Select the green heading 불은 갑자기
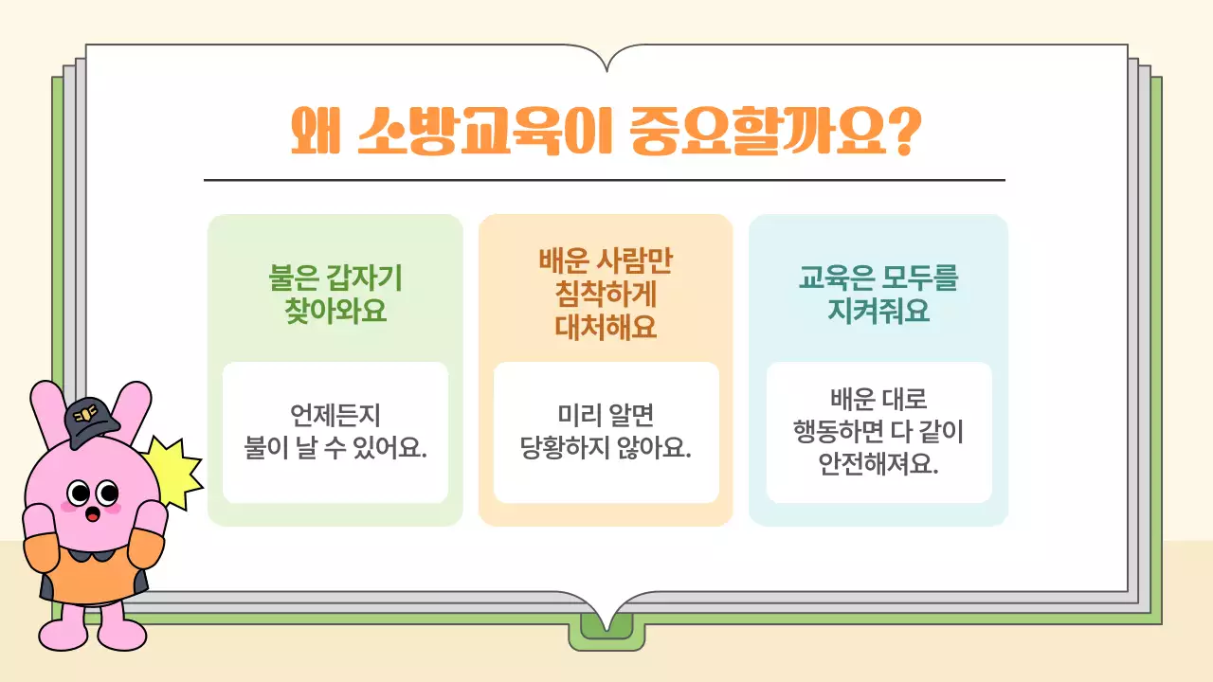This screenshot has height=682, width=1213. (336, 278)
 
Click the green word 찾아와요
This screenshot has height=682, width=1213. (336, 311)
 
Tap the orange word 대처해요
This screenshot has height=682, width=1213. (606, 327)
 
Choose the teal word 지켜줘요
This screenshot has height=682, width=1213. (878, 311)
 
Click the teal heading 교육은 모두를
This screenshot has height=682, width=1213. (878, 278)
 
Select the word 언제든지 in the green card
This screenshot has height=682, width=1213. (335, 415)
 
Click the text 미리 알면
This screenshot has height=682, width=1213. (606, 415)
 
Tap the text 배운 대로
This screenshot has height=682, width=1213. (878, 399)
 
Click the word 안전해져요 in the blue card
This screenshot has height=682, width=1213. (878, 464)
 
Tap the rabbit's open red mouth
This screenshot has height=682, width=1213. (93, 514)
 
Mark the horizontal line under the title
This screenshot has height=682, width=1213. (605, 180)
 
